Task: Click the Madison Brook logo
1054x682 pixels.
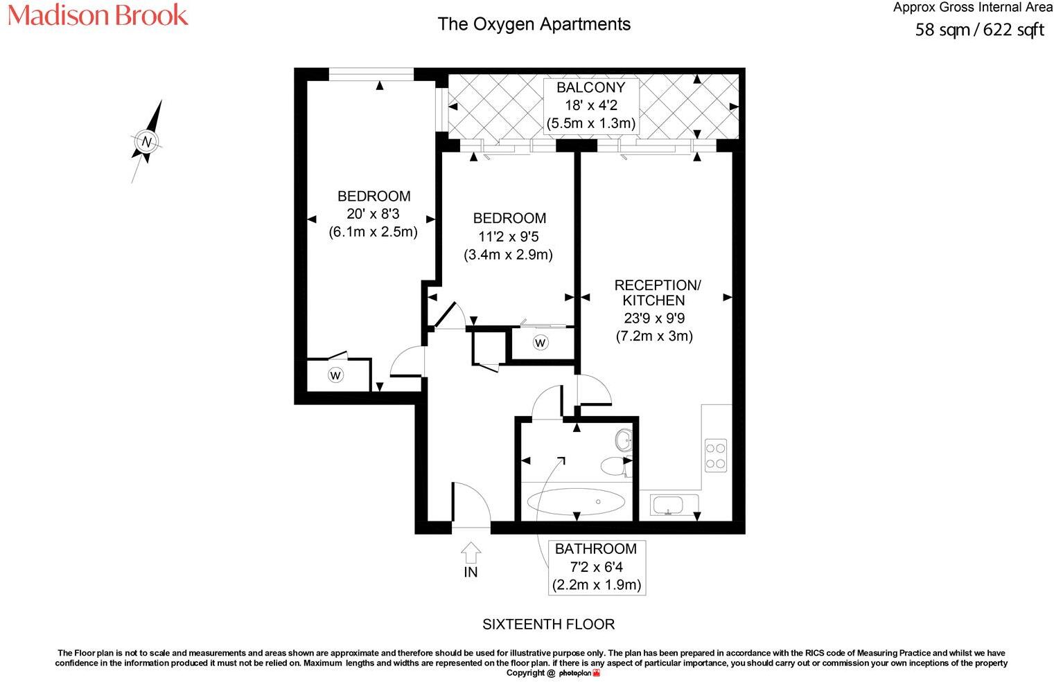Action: (98, 15)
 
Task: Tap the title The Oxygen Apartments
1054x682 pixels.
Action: (534, 24)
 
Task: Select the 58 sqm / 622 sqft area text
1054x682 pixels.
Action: (979, 30)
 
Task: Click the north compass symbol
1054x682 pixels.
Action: (147, 142)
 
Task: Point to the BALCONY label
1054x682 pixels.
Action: (590, 88)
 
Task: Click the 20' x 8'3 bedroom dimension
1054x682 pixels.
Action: (373, 214)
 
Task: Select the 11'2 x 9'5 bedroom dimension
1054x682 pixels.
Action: (508, 236)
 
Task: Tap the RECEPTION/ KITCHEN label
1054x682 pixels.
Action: (656, 293)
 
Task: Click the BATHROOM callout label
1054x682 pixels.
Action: (596, 549)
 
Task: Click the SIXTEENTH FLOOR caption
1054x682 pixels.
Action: (548, 624)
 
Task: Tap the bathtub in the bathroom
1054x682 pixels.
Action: (576, 501)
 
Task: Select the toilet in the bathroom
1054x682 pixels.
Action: (614, 466)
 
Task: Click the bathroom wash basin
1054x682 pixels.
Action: (623, 439)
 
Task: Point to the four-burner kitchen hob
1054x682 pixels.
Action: (716, 455)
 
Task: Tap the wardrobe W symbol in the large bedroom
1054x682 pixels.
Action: (335, 375)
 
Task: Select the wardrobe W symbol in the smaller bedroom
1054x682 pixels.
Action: (541, 342)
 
